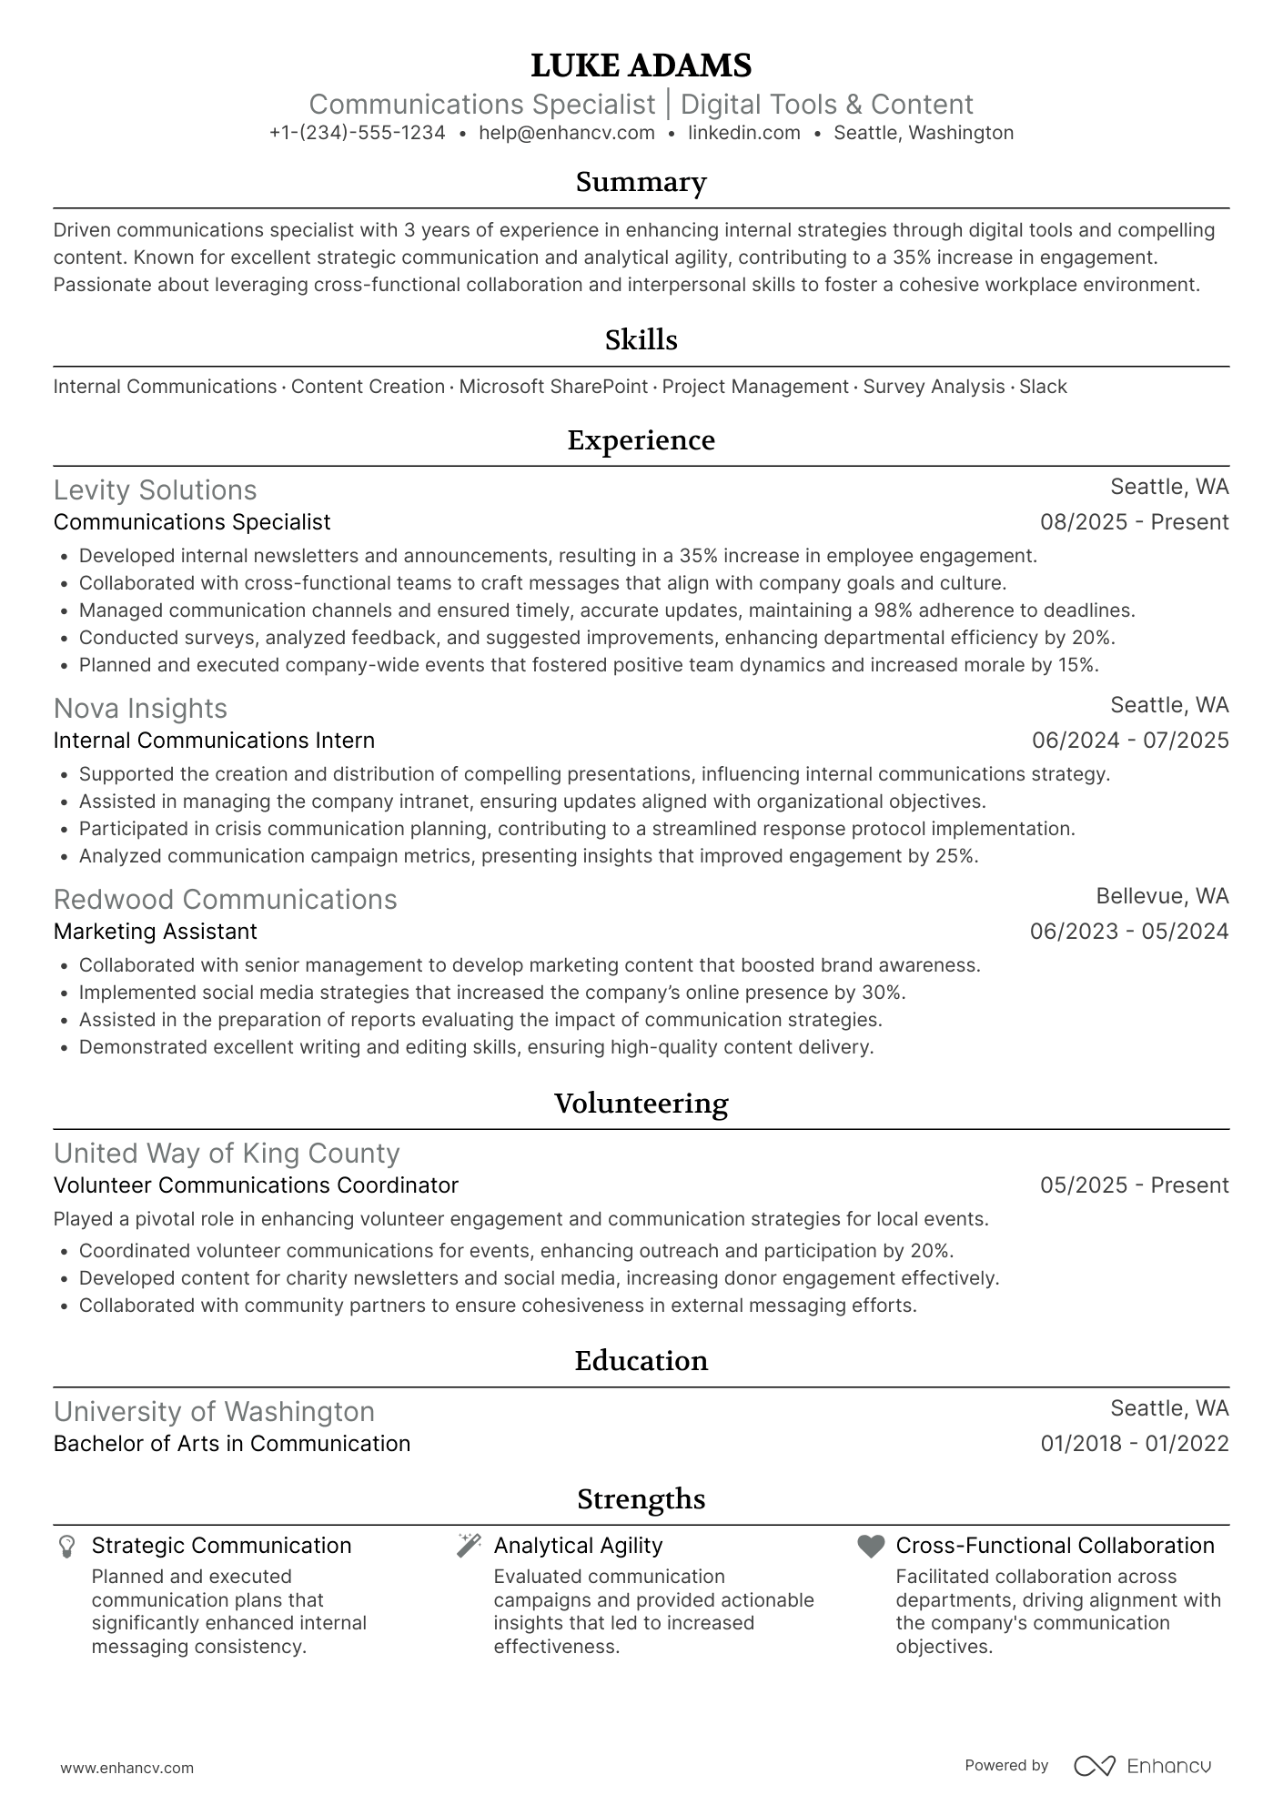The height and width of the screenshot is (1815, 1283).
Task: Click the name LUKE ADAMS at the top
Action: click(x=641, y=66)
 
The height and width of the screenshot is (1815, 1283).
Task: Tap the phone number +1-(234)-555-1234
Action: click(x=357, y=133)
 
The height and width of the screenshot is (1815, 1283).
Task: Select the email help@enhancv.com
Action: click(x=566, y=133)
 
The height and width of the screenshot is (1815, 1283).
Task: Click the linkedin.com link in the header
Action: click(x=743, y=133)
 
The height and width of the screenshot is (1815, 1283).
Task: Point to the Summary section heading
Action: click(x=641, y=182)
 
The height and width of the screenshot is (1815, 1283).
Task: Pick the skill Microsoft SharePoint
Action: click(x=552, y=387)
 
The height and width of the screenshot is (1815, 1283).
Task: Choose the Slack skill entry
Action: click(x=1043, y=387)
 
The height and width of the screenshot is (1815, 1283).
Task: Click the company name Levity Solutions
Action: click(x=155, y=490)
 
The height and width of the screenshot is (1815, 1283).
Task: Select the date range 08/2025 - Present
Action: click(x=1134, y=522)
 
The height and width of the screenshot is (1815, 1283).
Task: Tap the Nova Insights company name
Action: click(x=140, y=709)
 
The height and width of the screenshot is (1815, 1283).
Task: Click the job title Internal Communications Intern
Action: click(x=214, y=741)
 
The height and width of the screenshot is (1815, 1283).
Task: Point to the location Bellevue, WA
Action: click(x=1161, y=896)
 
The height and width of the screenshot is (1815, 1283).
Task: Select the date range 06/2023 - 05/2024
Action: click(x=1128, y=932)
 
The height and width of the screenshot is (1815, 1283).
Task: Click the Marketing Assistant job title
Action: click(x=155, y=932)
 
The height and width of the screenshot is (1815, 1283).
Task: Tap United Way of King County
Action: click(x=227, y=1154)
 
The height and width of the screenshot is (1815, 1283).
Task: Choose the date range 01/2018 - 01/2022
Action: click(x=1134, y=1444)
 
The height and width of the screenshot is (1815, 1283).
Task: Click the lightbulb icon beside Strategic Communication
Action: click(x=66, y=1547)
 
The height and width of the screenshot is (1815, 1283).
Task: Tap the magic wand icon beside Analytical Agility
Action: click(x=469, y=1546)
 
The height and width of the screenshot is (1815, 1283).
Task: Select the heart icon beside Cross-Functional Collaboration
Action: click(x=871, y=1547)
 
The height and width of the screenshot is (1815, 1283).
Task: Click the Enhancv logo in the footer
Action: click(x=1143, y=1766)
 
